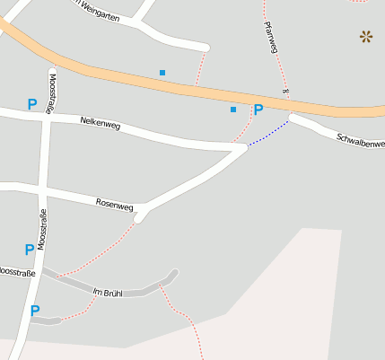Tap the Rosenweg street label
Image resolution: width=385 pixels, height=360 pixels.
pyautogui.click(x=114, y=205)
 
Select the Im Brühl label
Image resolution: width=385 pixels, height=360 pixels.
pyautogui.click(x=107, y=293)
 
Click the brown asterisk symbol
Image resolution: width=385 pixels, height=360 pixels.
pyautogui.click(x=366, y=37)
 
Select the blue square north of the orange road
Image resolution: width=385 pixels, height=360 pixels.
pyautogui.click(x=162, y=72)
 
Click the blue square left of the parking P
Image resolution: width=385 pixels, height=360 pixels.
pyautogui.click(x=233, y=110)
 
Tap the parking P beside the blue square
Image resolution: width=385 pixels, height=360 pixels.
pyautogui.click(x=258, y=110)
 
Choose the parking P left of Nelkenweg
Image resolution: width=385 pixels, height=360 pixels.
pyautogui.click(x=32, y=105)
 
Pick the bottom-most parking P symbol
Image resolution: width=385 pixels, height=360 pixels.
pyautogui.click(x=35, y=312)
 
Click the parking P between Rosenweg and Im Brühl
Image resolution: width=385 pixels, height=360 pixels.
pyautogui.click(x=30, y=250)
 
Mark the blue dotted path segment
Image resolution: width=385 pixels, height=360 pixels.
pyautogui.click(x=268, y=133)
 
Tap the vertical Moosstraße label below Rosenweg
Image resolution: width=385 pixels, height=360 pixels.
pyautogui.click(x=42, y=228)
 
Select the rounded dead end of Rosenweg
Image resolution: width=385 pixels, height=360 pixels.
pyautogui.click(x=140, y=217)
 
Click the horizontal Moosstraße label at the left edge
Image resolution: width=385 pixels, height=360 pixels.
pyautogui.click(x=16, y=271)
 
